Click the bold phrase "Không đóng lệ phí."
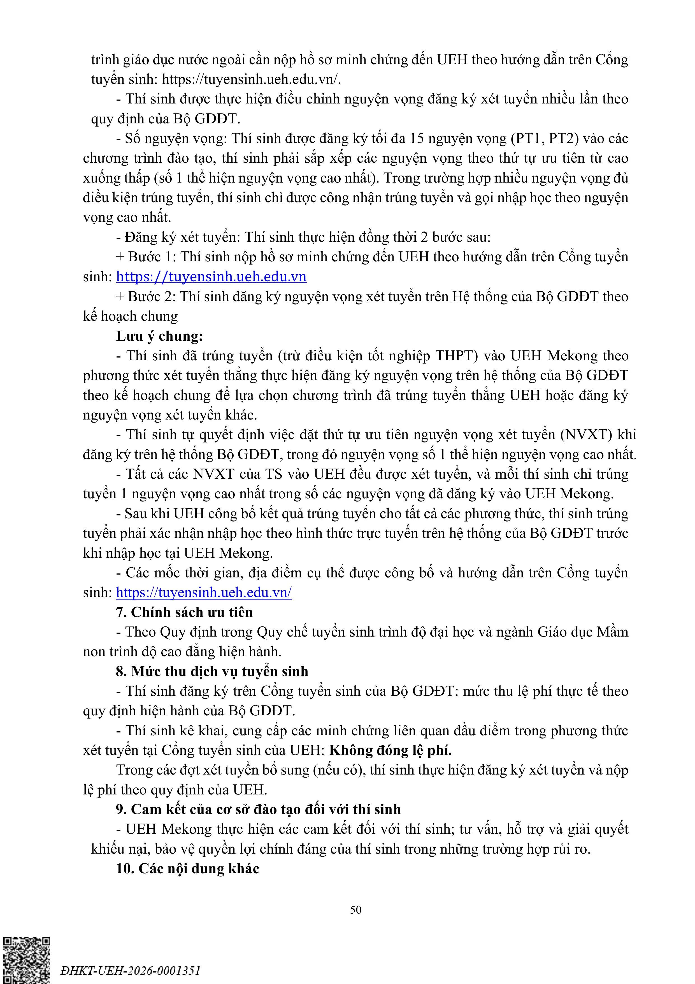click(x=390, y=750)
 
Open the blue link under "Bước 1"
click(x=211, y=277)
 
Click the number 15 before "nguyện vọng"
click(x=417, y=139)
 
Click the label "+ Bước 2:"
click(x=146, y=297)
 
